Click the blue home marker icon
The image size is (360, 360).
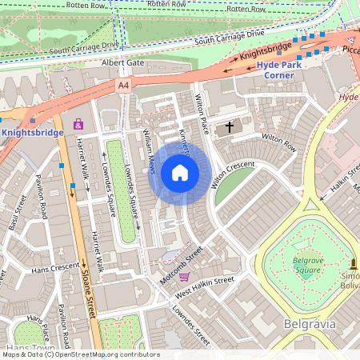(x=180, y=173)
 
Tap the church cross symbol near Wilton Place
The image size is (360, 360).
(x=230, y=126)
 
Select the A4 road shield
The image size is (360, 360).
(x=123, y=85)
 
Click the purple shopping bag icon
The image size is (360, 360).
(x=78, y=124)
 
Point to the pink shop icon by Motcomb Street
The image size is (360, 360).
(x=185, y=277)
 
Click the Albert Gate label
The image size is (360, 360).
(x=122, y=62)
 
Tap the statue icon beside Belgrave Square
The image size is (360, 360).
(x=353, y=263)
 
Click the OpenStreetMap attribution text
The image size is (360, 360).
(x=80, y=354)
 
